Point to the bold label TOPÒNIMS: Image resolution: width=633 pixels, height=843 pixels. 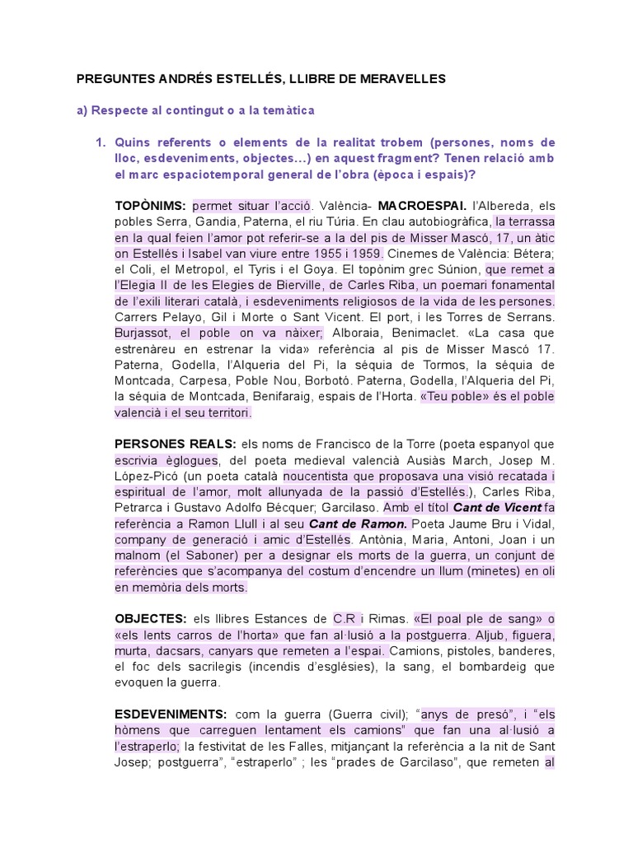point(150,204)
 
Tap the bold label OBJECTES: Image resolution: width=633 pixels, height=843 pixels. point(149,618)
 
